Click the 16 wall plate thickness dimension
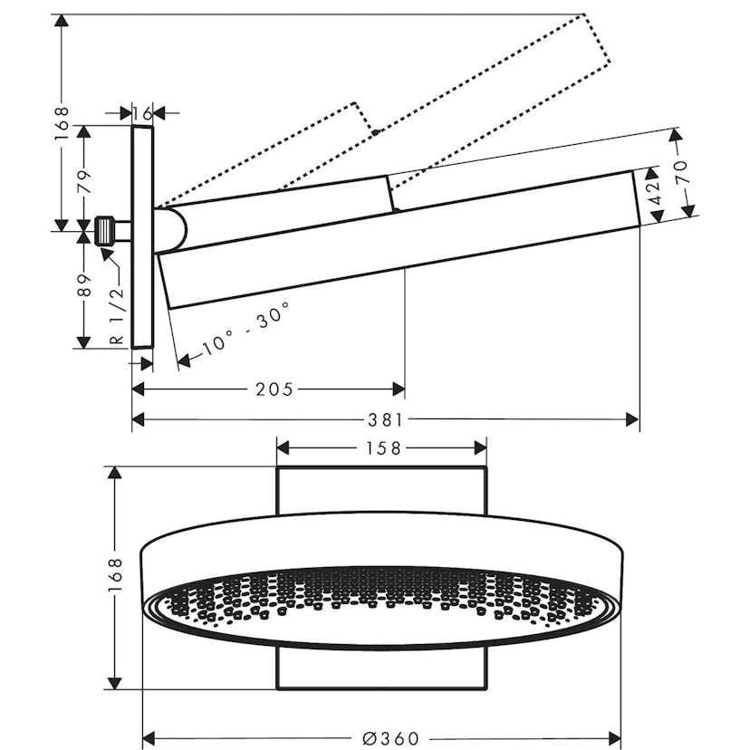coord(141,113)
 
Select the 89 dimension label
coord(85,286)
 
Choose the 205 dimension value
coord(274,389)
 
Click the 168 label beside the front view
coord(113,577)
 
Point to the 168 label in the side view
coord(61,122)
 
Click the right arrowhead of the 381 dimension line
coord(633,418)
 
